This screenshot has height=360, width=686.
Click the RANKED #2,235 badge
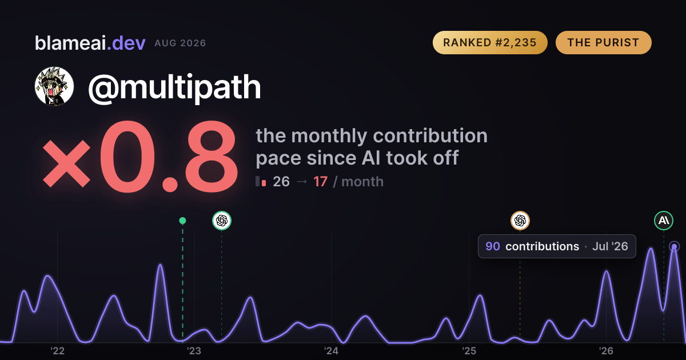490,42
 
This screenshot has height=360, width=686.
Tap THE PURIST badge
603,42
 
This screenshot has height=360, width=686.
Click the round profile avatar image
54,86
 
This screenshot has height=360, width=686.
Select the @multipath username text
174,88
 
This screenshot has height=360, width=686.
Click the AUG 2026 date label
180,43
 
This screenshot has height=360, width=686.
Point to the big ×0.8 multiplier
140,157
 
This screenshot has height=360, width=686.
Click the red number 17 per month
320,182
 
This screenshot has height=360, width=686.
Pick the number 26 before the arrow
281,182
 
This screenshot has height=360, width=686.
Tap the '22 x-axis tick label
57,351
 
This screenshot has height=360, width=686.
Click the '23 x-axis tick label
194,351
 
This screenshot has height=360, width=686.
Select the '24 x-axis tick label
332,351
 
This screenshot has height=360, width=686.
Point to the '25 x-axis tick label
469,351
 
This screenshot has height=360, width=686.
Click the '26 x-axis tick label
606,351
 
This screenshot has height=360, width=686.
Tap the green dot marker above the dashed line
182,221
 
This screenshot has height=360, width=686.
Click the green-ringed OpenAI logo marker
222,221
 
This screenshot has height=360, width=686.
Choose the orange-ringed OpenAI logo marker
520,221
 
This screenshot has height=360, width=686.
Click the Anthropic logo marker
664,221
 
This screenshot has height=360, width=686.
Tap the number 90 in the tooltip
493,246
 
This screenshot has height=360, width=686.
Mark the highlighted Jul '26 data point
675,246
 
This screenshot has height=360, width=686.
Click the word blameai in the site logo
70,43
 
